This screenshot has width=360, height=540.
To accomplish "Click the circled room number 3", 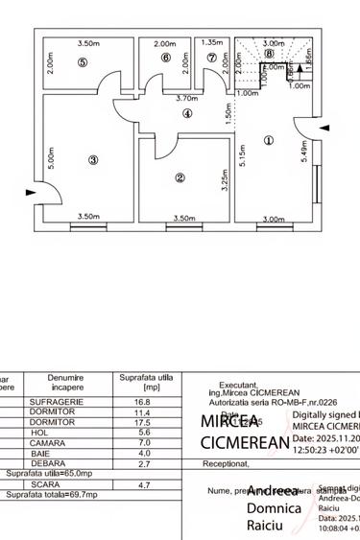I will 93,160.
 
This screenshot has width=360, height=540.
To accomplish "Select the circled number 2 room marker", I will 180,177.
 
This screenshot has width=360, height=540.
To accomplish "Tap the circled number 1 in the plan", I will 268,140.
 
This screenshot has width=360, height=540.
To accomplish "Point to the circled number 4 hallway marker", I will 188,113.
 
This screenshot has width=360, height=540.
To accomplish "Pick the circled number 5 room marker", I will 83,62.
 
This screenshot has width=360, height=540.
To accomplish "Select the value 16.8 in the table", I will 142,402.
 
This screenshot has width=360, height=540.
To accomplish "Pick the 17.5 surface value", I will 142,422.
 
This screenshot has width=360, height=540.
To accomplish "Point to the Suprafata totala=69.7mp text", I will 52,495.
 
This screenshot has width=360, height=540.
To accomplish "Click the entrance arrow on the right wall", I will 324,128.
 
